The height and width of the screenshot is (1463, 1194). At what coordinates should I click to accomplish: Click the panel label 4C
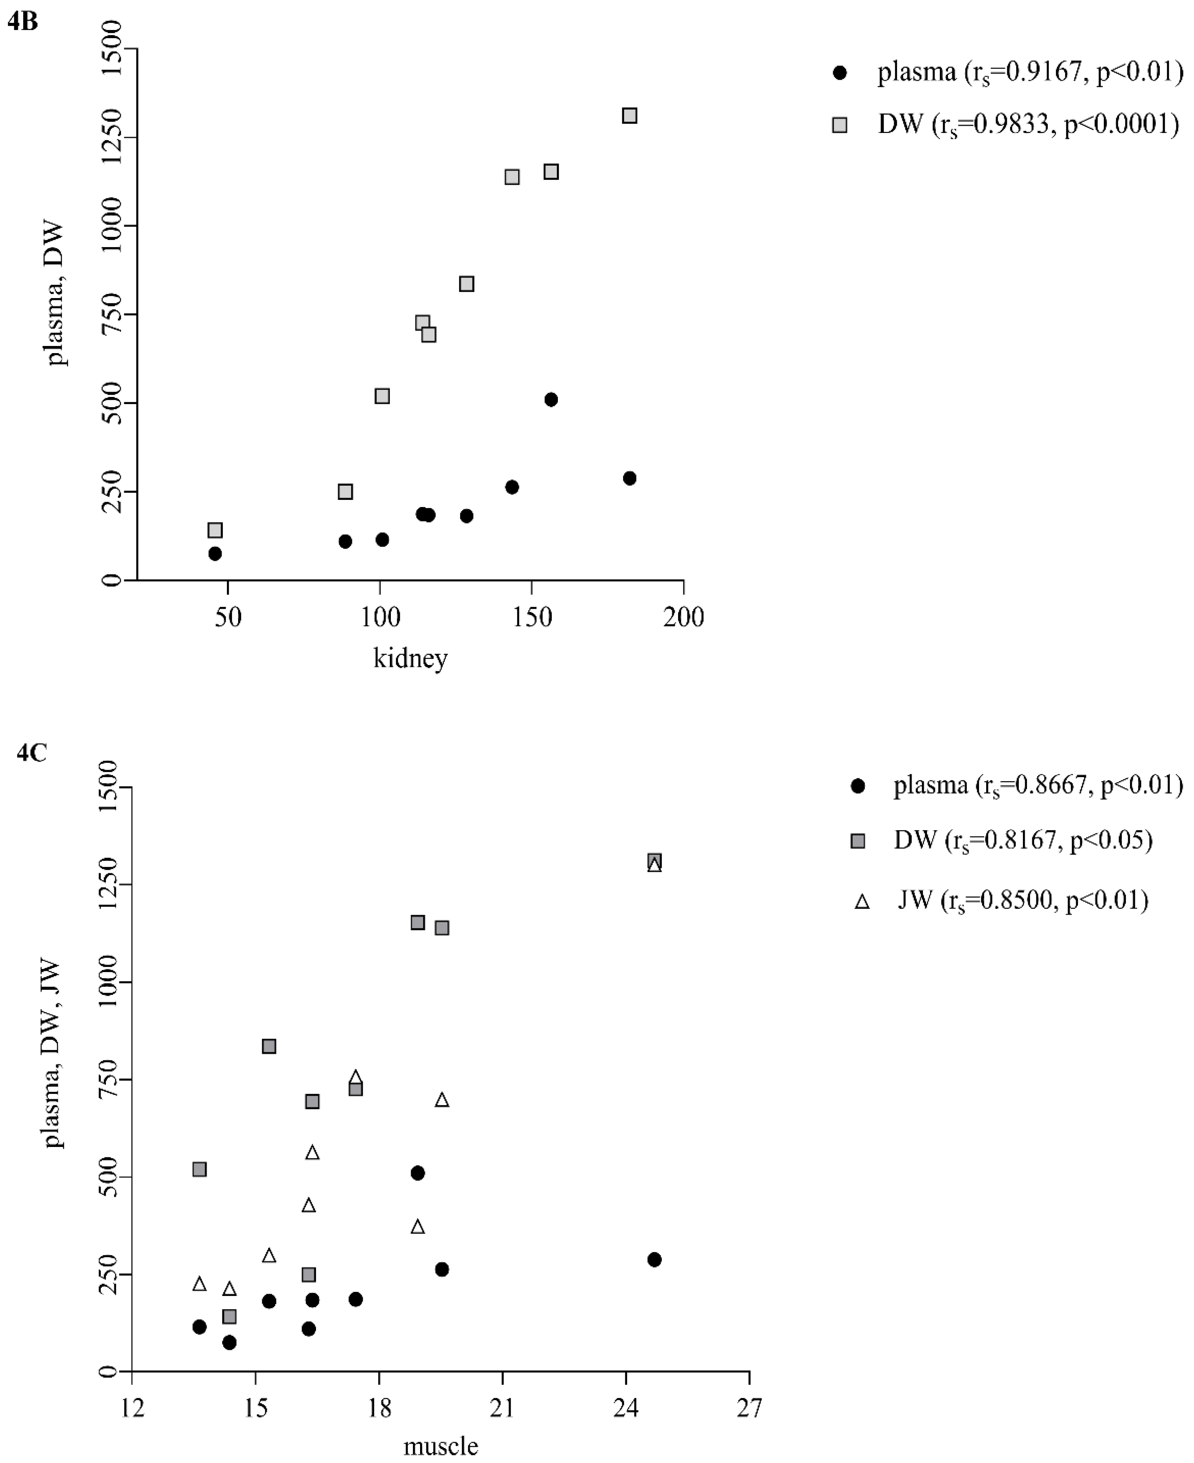32,753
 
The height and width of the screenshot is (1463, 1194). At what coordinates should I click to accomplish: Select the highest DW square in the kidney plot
629,116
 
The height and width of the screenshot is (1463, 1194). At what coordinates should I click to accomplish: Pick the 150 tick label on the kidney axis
532,617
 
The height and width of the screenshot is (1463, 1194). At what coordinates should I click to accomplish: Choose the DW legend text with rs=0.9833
1027,124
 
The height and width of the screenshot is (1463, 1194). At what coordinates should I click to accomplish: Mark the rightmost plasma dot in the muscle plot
654,1259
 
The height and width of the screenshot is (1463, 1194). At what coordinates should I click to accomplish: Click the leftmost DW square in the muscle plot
200,1169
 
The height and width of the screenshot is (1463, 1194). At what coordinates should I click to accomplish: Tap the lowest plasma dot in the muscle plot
230,1342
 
